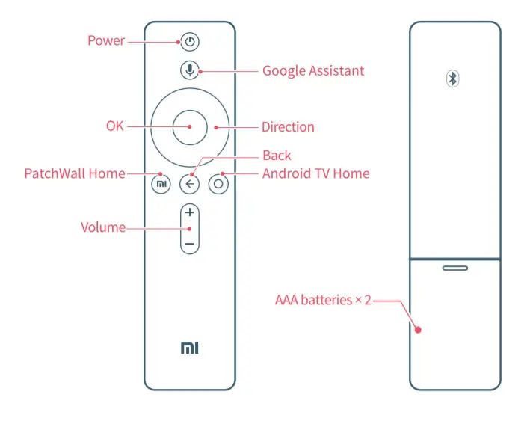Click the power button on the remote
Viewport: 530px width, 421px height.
(x=190, y=42)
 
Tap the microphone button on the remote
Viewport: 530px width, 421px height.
(x=190, y=70)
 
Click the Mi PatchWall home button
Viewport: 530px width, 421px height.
(x=161, y=184)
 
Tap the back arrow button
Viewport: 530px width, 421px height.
(x=190, y=184)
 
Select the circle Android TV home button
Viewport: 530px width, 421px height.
(x=218, y=184)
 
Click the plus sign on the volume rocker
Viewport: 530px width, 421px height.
(x=190, y=212)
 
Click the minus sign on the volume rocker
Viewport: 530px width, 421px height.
(x=190, y=244)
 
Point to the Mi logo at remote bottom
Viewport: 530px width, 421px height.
(x=190, y=348)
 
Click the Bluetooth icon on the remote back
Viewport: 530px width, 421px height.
(x=453, y=79)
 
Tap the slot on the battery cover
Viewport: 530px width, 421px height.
(x=454, y=267)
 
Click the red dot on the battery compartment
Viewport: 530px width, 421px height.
(x=419, y=329)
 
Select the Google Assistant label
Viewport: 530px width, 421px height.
(x=313, y=71)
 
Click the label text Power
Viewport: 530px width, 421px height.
(x=106, y=40)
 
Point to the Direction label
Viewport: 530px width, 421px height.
(x=288, y=126)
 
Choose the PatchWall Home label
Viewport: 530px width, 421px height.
(x=75, y=173)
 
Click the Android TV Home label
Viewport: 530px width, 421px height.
(x=315, y=173)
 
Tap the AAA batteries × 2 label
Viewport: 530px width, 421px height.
(x=323, y=300)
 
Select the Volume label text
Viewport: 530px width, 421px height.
(x=103, y=227)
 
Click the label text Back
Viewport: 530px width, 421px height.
(x=277, y=156)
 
